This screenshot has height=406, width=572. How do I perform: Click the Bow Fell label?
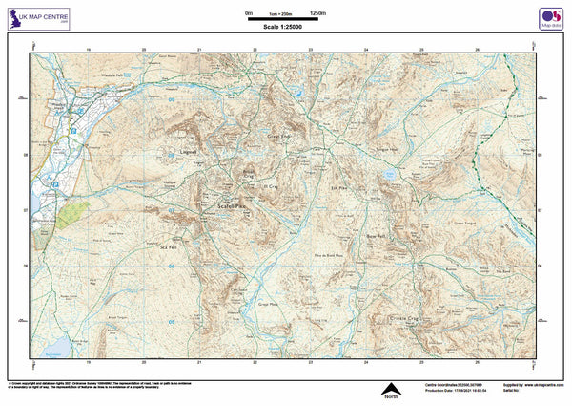(375, 235)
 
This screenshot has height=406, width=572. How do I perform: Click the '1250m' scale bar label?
(317, 12)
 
